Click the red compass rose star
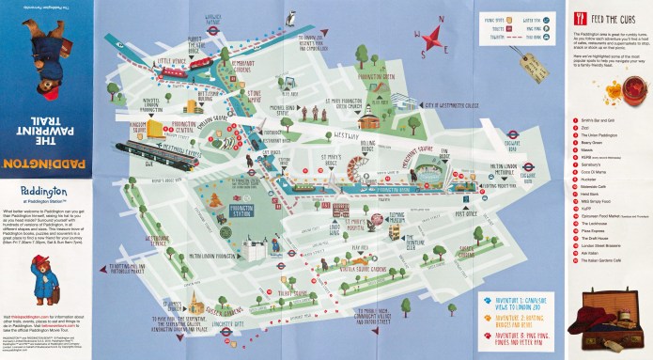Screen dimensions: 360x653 [x=433, y=39]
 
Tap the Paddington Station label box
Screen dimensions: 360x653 [x=241, y=209]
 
